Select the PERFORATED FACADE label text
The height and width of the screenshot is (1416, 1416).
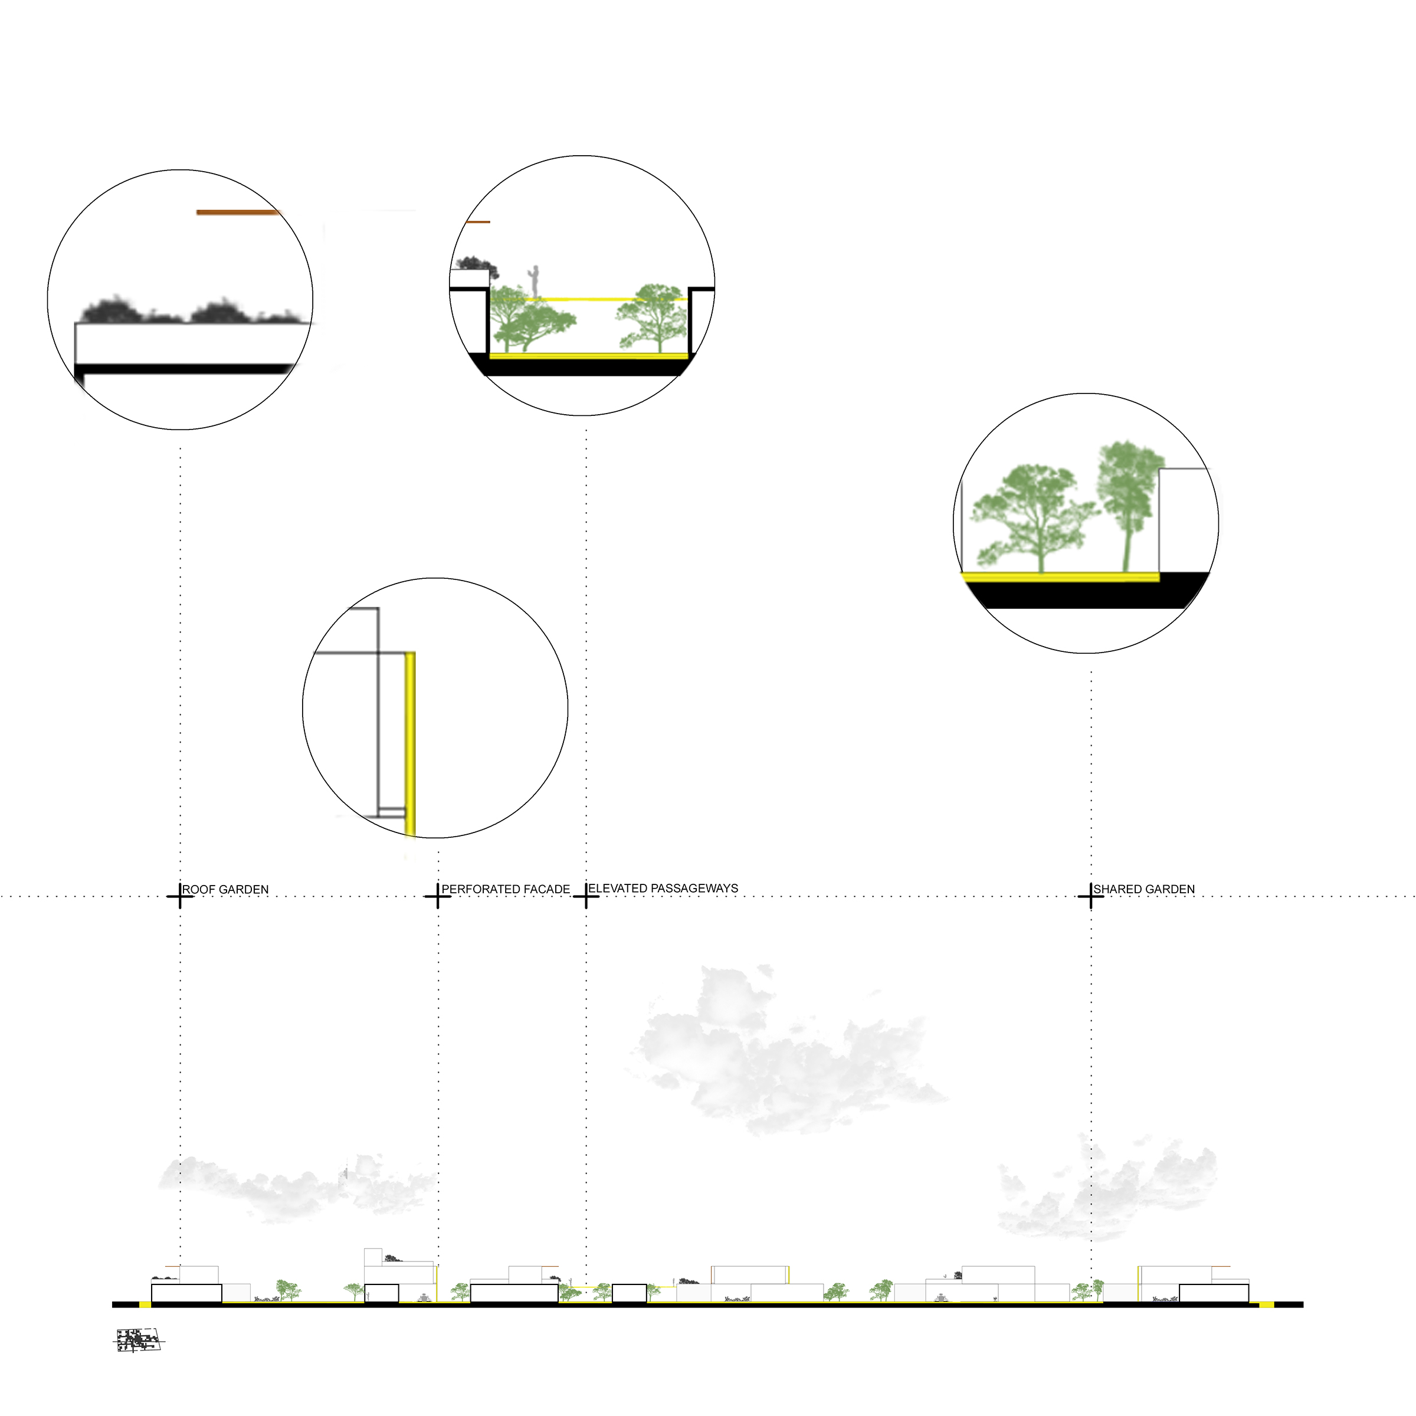pyautogui.click(x=505, y=889)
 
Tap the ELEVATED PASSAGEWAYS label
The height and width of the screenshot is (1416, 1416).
pyautogui.click(x=663, y=889)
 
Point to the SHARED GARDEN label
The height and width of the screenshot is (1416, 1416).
pyautogui.click(x=1143, y=889)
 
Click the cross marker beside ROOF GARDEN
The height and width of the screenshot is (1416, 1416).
pyautogui.click(x=181, y=896)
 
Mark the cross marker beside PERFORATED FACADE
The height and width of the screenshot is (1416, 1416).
pyautogui.click(x=438, y=896)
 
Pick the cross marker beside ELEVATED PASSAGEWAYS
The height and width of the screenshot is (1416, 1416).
pyautogui.click(x=586, y=896)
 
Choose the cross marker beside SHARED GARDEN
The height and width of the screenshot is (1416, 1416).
pyautogui.click(x=1090, y=896)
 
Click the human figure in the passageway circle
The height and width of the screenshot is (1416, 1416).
pyautogui.click(x=536, y=281)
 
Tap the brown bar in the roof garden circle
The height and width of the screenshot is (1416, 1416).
pyautogui.click(x=238, y=212)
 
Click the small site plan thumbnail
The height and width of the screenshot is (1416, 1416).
pyautogui.click(x=138, y=1339)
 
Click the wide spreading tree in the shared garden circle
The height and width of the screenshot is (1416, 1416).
pyautogui.click(x=1034, y=513)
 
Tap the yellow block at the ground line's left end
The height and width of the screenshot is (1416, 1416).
pyautogui.click(x=145, y=1304)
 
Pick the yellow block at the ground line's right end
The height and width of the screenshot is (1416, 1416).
pyautogui.click(x=1266, y=1304)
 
